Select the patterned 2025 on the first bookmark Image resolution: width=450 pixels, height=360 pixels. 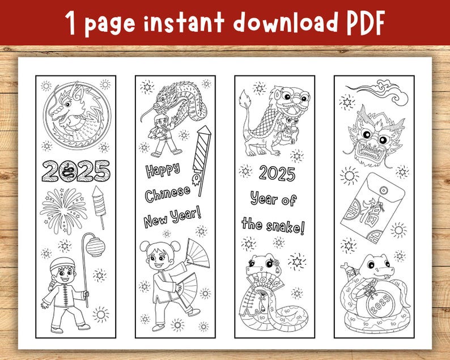point(76,170)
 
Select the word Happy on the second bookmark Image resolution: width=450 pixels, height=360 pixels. point(162,170)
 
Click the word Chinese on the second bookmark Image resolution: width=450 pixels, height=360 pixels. point(168,194)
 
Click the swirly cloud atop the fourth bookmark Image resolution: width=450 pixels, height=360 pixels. point(383,92)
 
